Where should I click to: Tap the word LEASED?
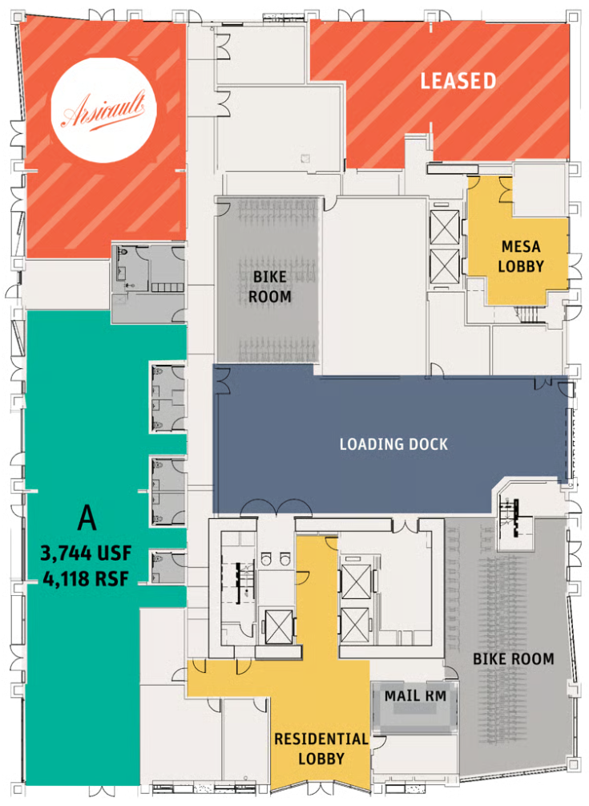point(458,80)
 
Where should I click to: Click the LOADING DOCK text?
point(393,444)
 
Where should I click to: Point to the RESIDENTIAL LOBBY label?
point(321,748)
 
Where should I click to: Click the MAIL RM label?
point(415,695)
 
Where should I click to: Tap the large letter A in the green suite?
point(86,519)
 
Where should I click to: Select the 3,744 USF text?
point(85,553)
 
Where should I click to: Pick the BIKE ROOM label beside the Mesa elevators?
point(268,286)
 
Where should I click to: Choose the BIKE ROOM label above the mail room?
point(513,659)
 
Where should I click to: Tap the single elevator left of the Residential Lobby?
point(276,626)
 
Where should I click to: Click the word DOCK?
point(426,444)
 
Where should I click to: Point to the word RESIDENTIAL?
point(321,739)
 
